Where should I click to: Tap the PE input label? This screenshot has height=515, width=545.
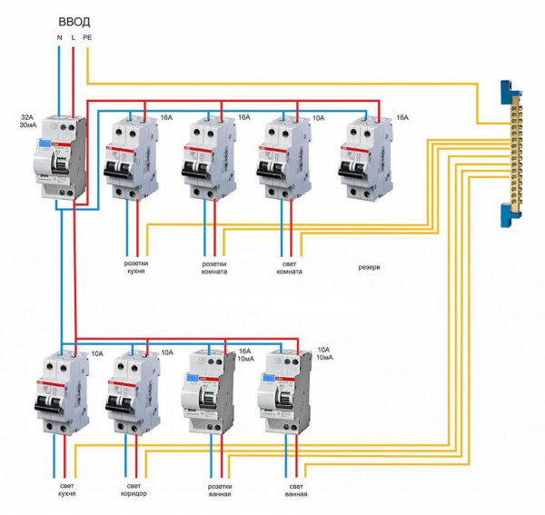click(x=87, y=37)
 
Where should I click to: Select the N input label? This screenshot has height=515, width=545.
click(x=59, y=37)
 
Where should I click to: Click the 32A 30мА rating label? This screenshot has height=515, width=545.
click(x=28, y=124)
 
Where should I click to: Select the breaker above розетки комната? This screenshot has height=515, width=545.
click(x=211, y=159)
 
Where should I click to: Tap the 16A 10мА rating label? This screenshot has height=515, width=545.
click(x=244, y=354)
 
